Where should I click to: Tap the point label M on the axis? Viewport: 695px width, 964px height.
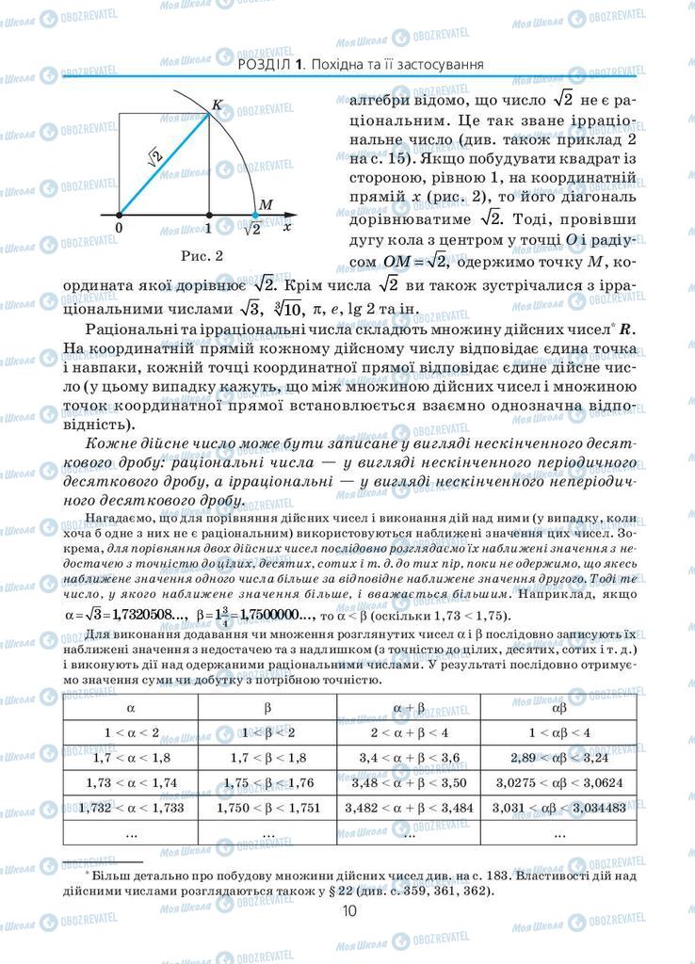(266, 205)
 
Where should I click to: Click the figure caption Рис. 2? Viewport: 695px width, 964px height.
(202, 255)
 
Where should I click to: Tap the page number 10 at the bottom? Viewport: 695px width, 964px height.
(348, 910)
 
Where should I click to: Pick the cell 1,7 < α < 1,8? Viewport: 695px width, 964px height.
(131, 757)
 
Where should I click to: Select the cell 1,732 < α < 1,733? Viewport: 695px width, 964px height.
(131, 808)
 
